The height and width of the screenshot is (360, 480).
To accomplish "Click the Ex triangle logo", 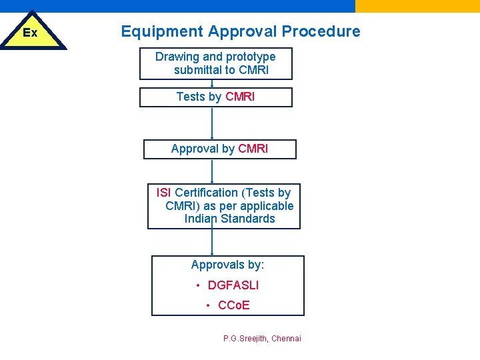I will click(x=31, y=33).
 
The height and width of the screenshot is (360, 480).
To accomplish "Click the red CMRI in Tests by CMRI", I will click(x=240, y=97).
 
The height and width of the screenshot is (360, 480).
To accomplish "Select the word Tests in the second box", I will click(x=191, y=97).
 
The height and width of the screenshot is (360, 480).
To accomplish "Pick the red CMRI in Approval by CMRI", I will click(x=253, y=149).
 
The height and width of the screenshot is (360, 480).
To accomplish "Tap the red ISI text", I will click(x=163, y=193).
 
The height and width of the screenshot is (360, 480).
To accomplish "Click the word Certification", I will click(x=206, y=193).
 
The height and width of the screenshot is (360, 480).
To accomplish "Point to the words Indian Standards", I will click(x=229, y=219).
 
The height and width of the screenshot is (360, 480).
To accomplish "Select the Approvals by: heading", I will click(x=227, y=265).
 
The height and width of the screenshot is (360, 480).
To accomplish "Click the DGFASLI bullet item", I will click(x=233, y=285).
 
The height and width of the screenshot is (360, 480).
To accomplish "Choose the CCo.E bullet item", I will click(x=233, y=305).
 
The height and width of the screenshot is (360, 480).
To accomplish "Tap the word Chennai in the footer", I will click(x=286, y=339).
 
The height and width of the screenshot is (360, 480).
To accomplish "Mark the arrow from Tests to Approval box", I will click(x=212, y=123).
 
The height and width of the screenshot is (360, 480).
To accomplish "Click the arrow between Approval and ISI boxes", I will click(x=212, y=171).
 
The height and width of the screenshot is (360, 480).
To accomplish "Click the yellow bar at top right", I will click(x=417, y=6).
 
